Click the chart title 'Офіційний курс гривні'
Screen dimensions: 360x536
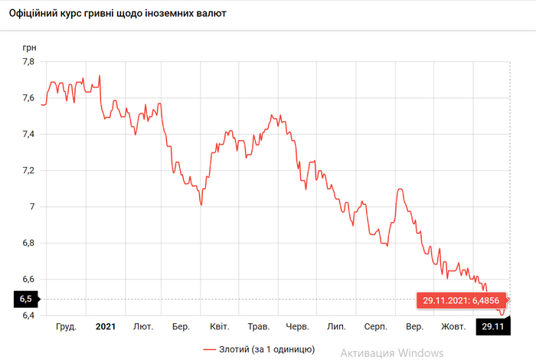pyautogui.click(x=123, y=14)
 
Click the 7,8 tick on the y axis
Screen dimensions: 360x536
pyautogui.click(x=28, y=62)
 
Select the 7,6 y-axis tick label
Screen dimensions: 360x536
pyautogui.click(x=28, y=98)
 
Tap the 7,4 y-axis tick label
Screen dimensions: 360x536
pyautogui.click(x=28, y=134)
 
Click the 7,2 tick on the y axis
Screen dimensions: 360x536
pyautogui.click(x=28, y=170)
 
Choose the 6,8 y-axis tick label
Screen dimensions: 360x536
pyautogui.click(x=28, y=243)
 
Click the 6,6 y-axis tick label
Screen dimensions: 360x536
pyautogui.click(x=28, y=279)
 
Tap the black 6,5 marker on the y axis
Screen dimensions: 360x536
pyautogui.click(x=26, y=299)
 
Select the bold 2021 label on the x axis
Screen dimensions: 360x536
pyautogui.click(x=105, y=327)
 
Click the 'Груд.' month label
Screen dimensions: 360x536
pyautogui.click(x=67, y=327)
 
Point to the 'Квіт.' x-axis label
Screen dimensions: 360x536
pyautogui.click(x=219, y=327)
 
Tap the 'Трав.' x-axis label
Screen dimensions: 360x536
pyautogui.click(x=257, y=327)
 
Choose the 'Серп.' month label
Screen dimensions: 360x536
pyautogui.click(x=375, y=327)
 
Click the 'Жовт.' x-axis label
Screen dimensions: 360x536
pyautogui.click(x=452, y=327)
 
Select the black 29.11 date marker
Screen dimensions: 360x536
pyautogui.click(x=492, y=327)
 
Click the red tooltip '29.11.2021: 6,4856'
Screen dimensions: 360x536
pyautogui.click(x=461, y=299)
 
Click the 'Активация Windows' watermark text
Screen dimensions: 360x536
pyautogui.click(x=392, y=352)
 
